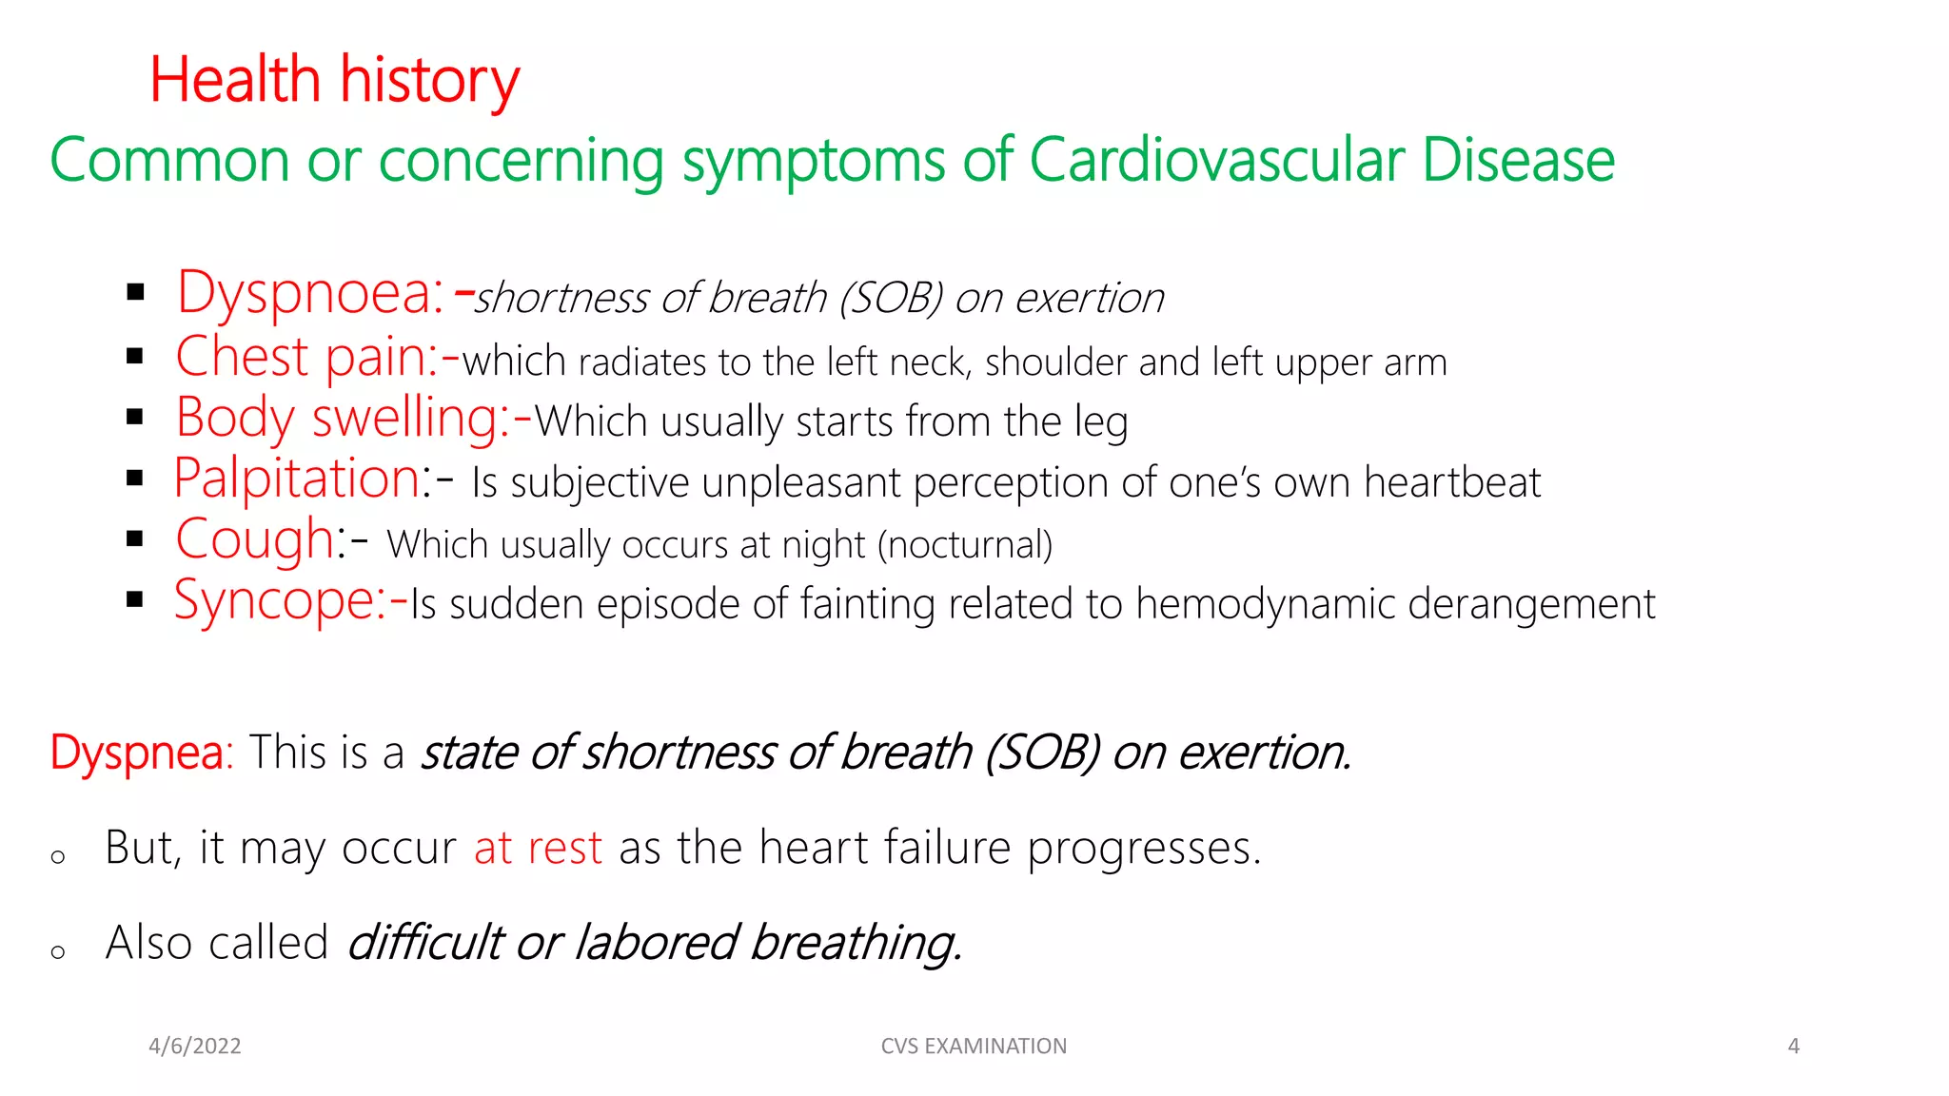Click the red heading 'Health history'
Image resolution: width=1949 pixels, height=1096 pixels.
click(334, 80)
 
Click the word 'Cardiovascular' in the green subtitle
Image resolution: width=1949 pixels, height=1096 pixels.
click(1215, 160)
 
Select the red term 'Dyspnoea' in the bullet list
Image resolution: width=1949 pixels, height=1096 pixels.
click(309, 293)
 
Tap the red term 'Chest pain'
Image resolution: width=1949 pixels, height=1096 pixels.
click(305, 358)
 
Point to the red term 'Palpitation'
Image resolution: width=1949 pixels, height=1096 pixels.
click(297, 479)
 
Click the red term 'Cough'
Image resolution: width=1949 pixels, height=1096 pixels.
click(254, 540)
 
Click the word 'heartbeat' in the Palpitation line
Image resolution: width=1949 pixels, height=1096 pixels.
click(1451, 482)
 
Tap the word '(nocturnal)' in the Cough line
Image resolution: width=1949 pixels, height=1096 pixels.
click(965, 545)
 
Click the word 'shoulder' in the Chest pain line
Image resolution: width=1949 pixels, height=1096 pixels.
click(1055, 362)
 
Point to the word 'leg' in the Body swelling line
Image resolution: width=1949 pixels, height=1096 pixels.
click(1102, 421)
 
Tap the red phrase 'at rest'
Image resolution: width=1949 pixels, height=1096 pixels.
click(538, 848)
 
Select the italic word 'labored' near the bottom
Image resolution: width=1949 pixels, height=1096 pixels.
click(656, 943)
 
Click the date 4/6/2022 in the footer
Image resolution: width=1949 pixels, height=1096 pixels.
click(195, 1047)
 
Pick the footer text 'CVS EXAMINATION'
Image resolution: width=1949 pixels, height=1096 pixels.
click(974, 1047)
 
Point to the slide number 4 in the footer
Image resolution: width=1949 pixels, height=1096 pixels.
click(1794, 1047)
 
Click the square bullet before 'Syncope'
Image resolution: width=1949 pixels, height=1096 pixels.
click(134, 599)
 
